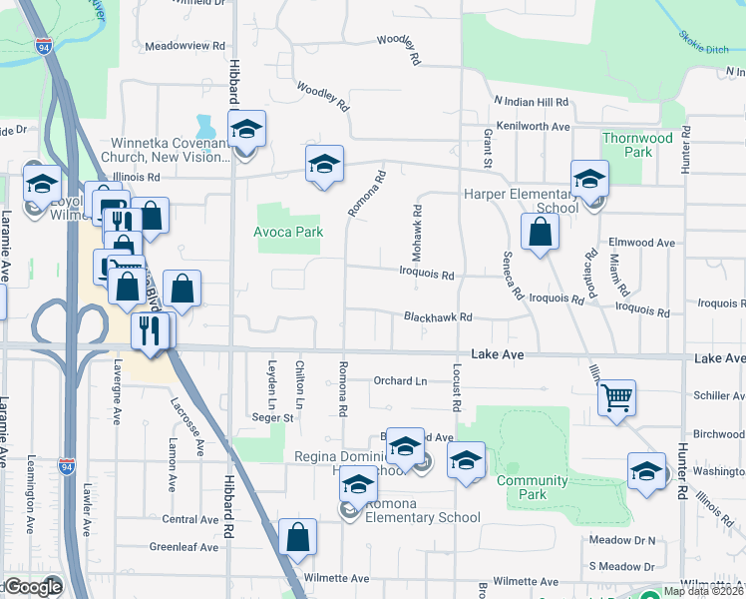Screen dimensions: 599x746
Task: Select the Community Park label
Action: (x=533, y=487)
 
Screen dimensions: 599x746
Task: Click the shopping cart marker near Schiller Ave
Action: (x=617, y=398)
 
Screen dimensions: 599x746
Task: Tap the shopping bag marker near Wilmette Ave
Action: (x=298, y=538)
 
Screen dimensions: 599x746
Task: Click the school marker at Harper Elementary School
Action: (x=589, y=180)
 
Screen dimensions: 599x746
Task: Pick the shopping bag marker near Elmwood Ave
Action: (x=540, y=233)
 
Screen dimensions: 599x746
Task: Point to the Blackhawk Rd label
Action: (x=437, y=317)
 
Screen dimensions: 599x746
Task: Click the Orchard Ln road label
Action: (x=400, y=380)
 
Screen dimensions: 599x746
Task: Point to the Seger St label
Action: (x=272, y=418)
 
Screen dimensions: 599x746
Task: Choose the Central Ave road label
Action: (x=189, y=519)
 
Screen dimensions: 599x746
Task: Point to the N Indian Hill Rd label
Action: (x=531, y=102)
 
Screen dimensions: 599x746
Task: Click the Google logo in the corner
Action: (x=33, y=587)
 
